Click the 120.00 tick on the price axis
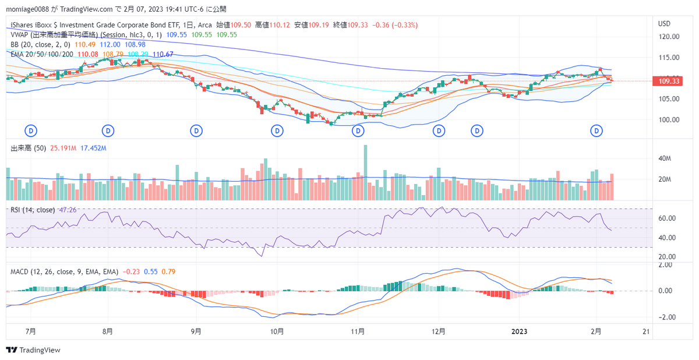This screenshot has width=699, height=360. [669, 37]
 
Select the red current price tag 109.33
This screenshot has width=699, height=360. [668, 81]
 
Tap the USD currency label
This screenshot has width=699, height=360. [664, 24]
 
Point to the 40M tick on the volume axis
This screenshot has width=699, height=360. [666, 158]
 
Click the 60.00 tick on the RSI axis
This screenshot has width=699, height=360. [666, 218]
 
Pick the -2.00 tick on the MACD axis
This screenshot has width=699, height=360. [666, 317]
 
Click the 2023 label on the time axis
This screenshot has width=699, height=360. [518, 331]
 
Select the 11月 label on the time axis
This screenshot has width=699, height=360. [358, 331]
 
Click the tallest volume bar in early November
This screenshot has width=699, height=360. [365, 172]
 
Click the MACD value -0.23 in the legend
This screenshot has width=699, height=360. [132, 271]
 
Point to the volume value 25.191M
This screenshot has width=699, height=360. [64, 149]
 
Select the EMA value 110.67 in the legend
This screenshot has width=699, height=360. [162, 54]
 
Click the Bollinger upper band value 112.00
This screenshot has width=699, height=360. [110, 44]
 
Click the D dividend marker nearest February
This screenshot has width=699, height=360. [596, 130]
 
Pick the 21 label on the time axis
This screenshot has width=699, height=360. [645, 331]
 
